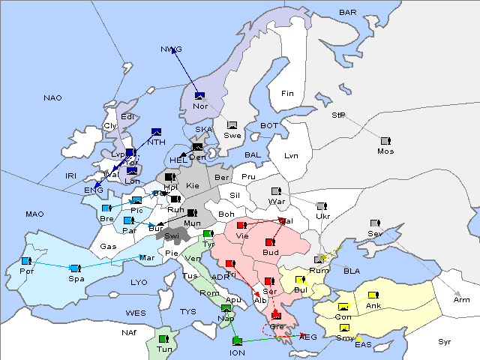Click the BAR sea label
[347, 13]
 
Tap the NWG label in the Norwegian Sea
[171, 49]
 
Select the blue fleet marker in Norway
[199, 96]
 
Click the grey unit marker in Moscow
[385, 141]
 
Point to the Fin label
[286, 93]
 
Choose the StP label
[338, 115]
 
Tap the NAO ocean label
[52, 98]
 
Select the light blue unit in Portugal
[25, 261]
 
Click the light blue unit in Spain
[74, 268]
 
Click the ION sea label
[237, 352]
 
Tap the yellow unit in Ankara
[373, 295]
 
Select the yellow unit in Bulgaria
[300, 280]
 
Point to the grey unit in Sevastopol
[374, 223]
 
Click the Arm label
[462, 300]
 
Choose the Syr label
[445, 342]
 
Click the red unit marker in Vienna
[241, 225]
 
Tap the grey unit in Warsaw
[275, 191]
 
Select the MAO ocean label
[34, 214]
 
